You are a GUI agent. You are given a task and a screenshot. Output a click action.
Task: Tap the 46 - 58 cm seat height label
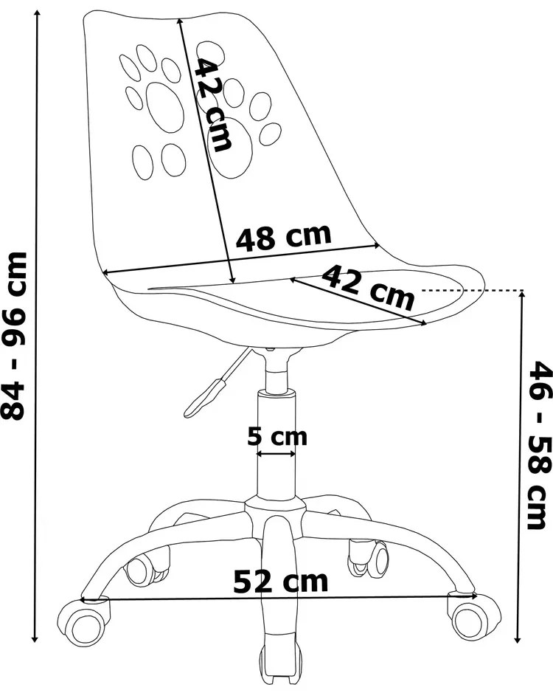click(540, 445)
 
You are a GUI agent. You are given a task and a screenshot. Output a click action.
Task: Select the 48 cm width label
click(283, 238)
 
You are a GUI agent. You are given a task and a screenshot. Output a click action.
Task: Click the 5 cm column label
click(277, 437)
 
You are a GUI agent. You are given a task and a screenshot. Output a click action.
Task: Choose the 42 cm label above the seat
click(369, 286)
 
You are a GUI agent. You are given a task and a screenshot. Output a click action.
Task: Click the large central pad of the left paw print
click(164, 106)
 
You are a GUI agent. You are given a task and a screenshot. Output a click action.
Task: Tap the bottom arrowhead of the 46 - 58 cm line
click(518, 640)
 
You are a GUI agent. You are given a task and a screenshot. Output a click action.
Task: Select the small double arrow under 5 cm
click(276, 453)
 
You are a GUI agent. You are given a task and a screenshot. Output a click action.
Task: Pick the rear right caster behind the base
click(369, 558)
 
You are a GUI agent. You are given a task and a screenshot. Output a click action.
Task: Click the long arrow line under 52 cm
click(279, 598)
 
